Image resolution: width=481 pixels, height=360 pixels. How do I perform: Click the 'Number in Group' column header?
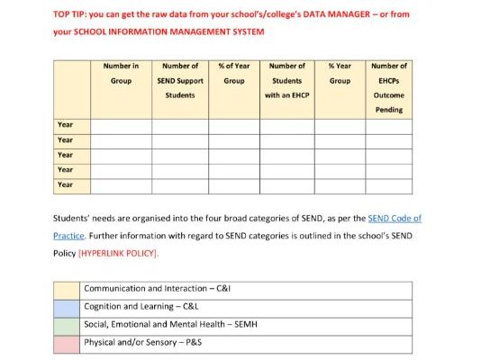tap(121, 73)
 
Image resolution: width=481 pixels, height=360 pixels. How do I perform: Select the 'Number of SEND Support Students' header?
tap(179, 80)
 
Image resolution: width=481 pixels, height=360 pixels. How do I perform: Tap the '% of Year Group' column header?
tap(233, 73)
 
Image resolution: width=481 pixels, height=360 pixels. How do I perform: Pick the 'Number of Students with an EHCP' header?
tap(286, 80)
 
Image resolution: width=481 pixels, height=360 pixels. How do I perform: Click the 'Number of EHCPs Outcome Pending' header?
tap(389, 87)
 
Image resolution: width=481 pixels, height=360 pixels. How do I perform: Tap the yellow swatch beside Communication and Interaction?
tap(66, 289)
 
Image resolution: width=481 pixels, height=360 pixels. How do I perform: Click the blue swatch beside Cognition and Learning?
tap(66, 307)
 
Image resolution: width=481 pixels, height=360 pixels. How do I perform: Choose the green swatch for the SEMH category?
tap(66, 324)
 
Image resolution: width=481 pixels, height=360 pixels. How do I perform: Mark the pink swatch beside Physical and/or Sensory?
tap(66, 342)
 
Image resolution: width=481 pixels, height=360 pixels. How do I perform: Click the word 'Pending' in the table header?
tap(389, 109)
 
